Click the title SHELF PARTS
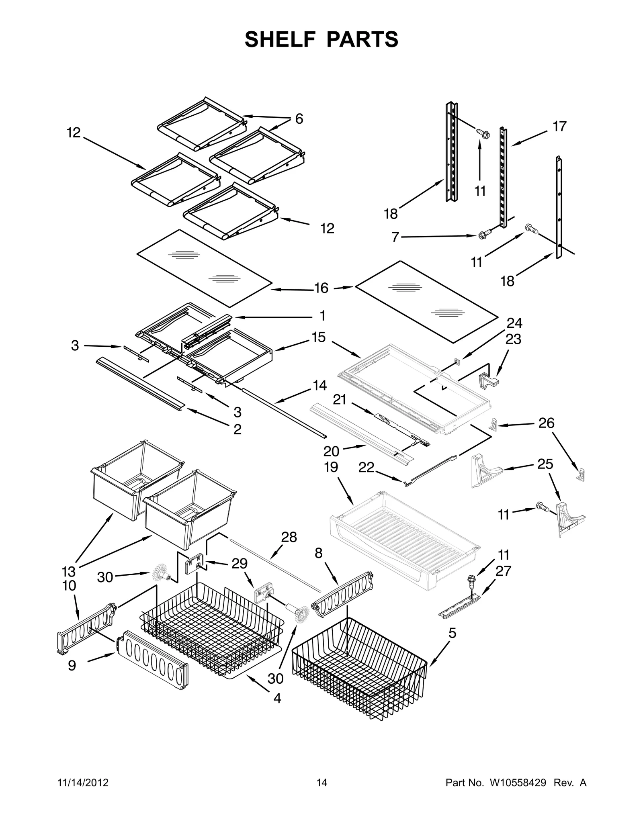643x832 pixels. click(321, 39)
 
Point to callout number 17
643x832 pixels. click(559, 126)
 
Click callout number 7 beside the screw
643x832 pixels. click(395, 237)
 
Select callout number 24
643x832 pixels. click(514, 323)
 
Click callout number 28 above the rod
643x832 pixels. click(289, 537)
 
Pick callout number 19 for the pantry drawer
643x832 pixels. click(331, 467)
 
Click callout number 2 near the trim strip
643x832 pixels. click(237, 429)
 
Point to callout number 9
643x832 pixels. click(72, 666)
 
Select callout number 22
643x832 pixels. click(366, 467)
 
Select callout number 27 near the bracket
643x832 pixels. click(503, 571)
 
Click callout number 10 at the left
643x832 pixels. click(69, 586)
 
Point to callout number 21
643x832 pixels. click(340, 400)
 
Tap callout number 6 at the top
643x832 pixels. click(299, 119)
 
